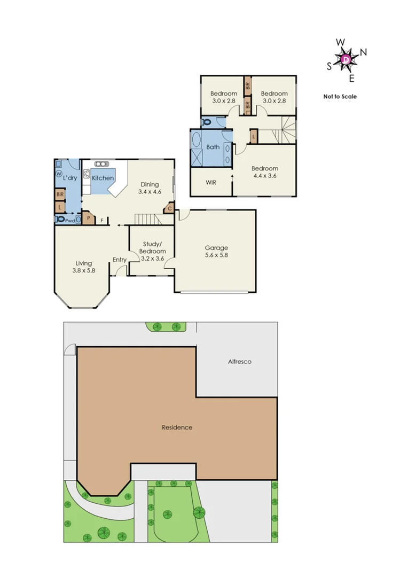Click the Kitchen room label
(103, 178)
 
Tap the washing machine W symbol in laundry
(59, 174)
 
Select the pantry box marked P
(88, 219)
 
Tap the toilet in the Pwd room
(60, 219)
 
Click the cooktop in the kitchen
(100, 164)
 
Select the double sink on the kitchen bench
(86, 174)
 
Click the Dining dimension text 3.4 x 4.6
(149, 191)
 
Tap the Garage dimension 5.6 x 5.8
(216, 255)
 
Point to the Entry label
(120, 260)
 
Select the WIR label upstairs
(211, 182)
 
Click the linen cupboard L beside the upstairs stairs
(253, 136)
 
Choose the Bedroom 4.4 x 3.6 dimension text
(265, 175)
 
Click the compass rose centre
(347, 58)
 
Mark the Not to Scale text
(340, 97)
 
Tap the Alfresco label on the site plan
(239, 362)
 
